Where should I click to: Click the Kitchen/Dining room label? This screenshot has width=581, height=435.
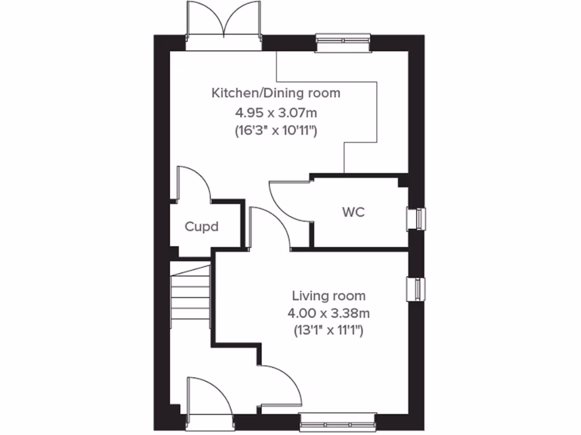(x=276, y=93)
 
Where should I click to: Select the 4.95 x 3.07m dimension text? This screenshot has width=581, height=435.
(x=276, y=112)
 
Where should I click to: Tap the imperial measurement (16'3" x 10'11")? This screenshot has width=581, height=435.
(x=276, y=130)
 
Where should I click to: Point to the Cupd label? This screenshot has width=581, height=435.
(x=201, y=227)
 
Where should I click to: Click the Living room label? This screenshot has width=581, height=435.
(x=329, y=296)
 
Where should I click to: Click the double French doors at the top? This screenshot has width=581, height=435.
(x=225, y=23)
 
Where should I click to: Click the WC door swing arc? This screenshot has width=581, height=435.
(x=287, y=201)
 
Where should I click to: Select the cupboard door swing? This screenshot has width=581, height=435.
(x=193, y=184)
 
